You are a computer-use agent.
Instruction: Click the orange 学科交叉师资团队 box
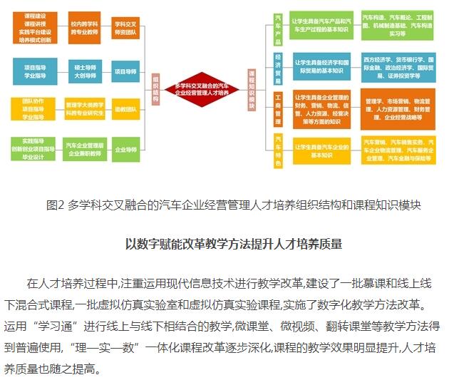click(126, 28)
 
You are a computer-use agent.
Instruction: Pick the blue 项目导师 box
click(126, 71)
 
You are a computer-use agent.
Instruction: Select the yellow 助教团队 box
click(126, 109)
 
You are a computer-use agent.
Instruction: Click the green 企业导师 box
click(126, 149)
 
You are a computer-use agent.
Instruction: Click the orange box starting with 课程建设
click(32, 28)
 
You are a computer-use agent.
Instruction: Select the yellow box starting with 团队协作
click(32, 109)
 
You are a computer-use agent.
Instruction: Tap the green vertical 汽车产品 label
click(277, 29)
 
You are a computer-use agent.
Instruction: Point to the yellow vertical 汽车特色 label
click(277, 150)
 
